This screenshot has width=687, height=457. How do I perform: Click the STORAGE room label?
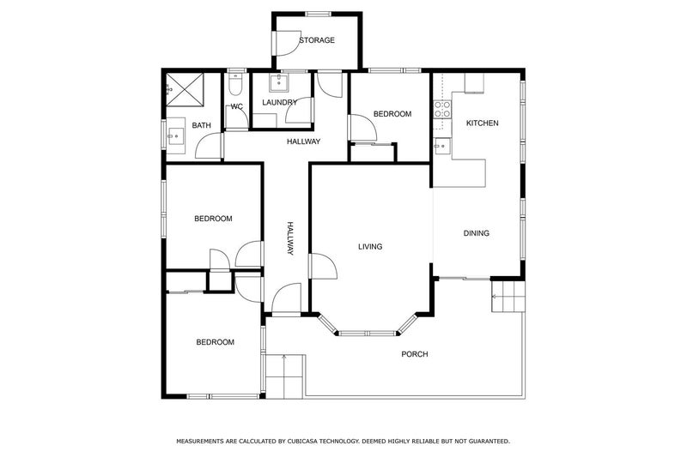tap(316, 40)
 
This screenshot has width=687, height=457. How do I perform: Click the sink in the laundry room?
tap(278, 83)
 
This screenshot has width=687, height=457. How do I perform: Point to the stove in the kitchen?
tap(443, 110)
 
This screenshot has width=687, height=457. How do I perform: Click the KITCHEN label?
tap(482, 123)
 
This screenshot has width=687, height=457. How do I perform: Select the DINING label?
tap(477, 233)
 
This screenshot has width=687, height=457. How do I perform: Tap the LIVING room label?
tap(370, 247)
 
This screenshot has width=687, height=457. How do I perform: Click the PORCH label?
tap(414, 354)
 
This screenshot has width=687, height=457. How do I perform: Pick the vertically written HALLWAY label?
tap(290, 239)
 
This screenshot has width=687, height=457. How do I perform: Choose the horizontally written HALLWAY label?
tap(304, 141)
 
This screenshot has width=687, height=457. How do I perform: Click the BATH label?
tap(201, 126)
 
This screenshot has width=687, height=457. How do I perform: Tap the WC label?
tap(237, 106)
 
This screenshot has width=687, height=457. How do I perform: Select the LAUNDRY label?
tap(280, 103)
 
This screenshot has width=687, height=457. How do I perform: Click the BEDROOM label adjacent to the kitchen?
tap(392, 114)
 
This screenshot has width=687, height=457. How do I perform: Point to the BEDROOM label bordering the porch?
tap(215, 342)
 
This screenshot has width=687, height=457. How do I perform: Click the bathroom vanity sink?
tap(175, 135)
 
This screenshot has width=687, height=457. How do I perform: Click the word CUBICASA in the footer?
tap(306, 441)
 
